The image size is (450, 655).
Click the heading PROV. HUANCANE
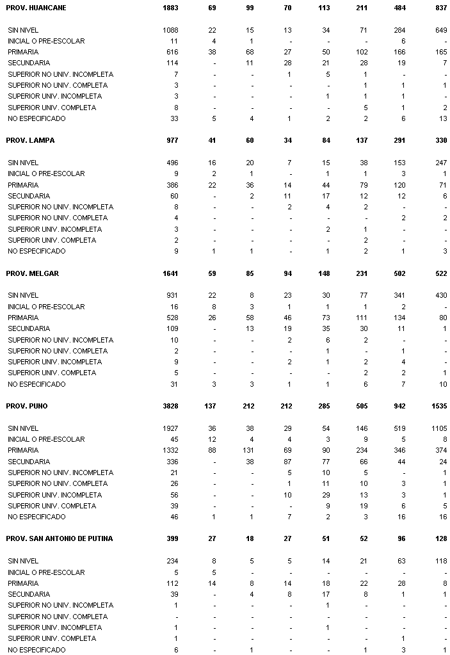point(36,8)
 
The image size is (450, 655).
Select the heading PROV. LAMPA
point(30,140)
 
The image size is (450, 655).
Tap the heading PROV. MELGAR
point(32,273)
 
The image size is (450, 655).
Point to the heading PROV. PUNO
point(27,406)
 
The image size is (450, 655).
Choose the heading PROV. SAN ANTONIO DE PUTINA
point(59,538)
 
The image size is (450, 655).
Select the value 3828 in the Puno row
point(170,406)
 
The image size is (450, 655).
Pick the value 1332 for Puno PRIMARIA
point(170,450)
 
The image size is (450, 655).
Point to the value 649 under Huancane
point(440,30)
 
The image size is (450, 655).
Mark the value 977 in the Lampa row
point(172,140)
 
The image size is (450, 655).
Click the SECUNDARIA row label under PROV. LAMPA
point(28,196)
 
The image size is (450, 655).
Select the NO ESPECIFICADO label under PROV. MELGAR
point(36,384)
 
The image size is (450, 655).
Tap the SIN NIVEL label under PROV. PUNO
point(23,428)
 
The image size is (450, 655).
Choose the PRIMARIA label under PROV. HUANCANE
point(23,52)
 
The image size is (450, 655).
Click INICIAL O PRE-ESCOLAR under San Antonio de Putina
point(46,572)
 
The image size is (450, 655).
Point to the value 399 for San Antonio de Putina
point(172,538)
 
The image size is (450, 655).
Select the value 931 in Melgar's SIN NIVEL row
point(172,295)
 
